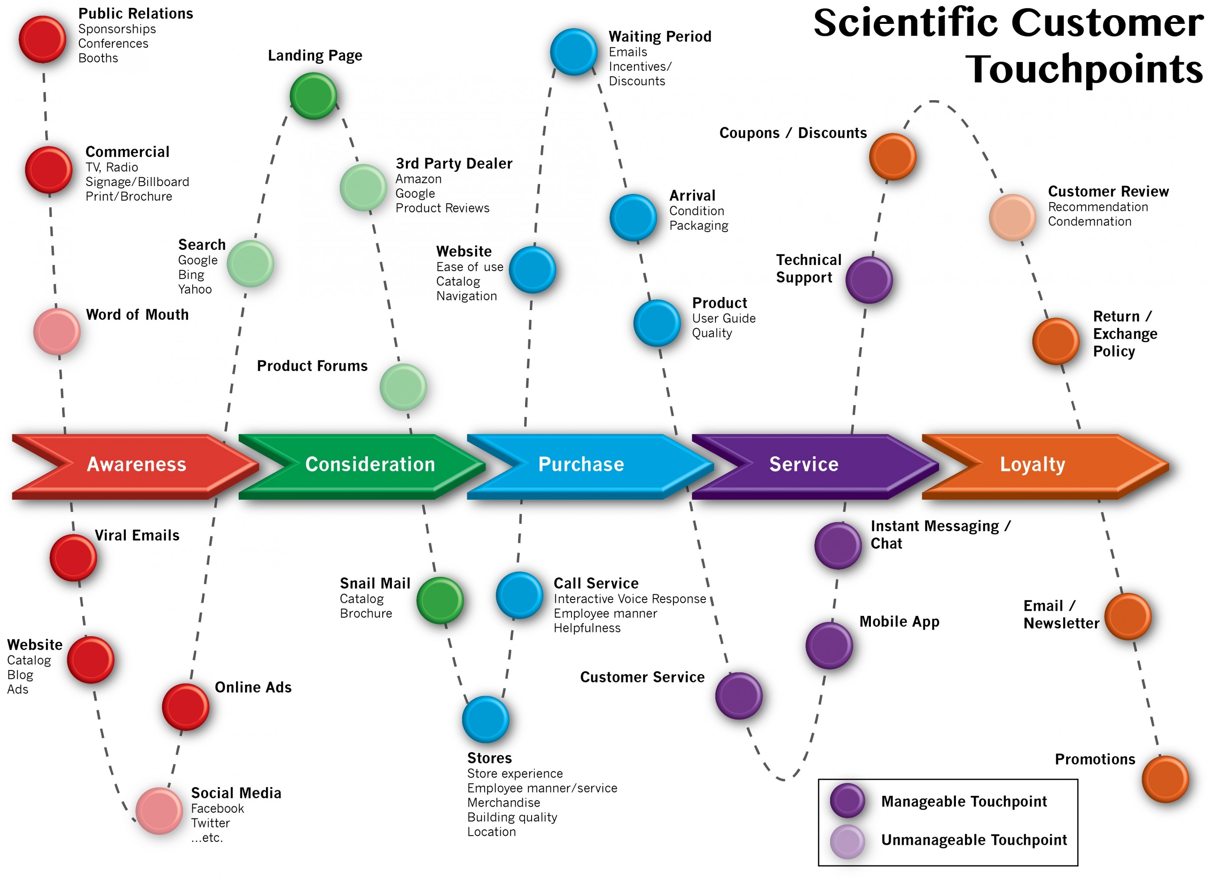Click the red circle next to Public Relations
tap(43, 39)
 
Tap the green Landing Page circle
tap(313, 96)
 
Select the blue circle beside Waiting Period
tap(574, 52)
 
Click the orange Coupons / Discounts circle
tap(893, 157)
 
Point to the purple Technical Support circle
tap(869, 280)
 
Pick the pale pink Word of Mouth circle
tap(57, 331)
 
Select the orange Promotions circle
tap(1165, 779)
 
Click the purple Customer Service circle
tap(739, 696)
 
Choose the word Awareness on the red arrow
tap(137, 465)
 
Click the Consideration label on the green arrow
tap(370, 465)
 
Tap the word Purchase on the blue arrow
tap(581, 465)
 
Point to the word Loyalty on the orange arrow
tap(1032, 465)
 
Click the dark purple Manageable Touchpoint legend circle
tap(847, 801)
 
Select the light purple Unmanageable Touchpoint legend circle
tap(847, 841)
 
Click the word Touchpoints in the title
tap(1084, 70)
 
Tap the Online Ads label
tap(253, 687)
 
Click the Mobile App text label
tap(900, 622)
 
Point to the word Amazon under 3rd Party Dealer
tap(418, 179)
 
